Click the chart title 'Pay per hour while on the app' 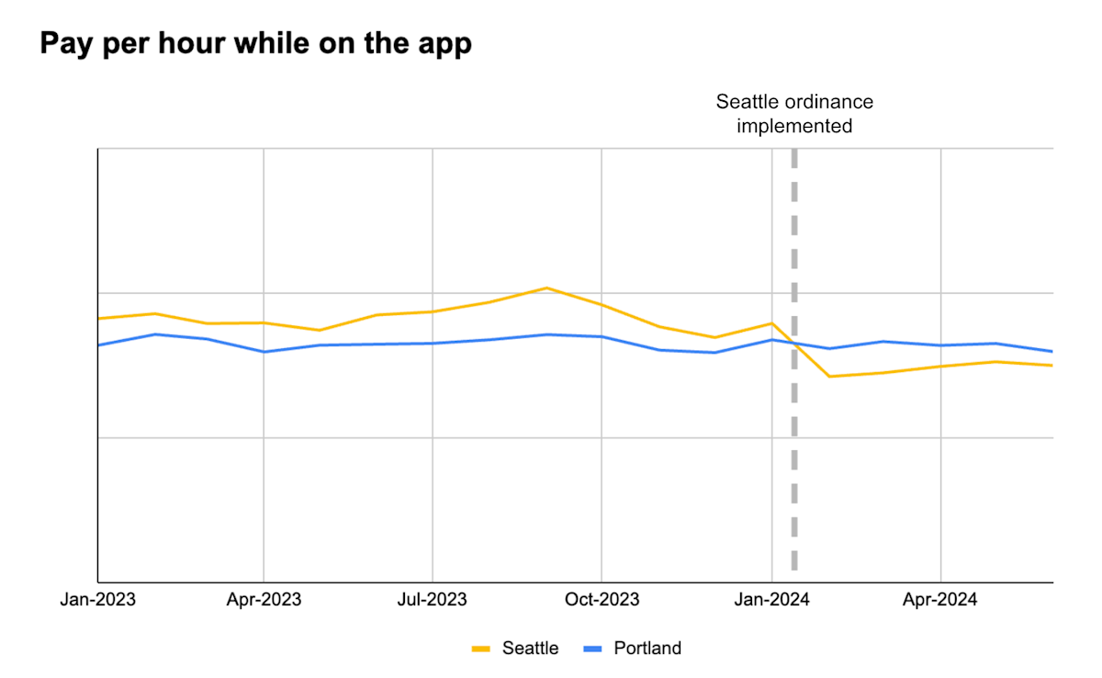point(255,43)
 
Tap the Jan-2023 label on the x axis point(97,600)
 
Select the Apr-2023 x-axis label point(264,600)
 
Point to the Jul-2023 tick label point(433,600)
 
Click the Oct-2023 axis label point(602,600)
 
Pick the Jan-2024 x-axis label point(771,600)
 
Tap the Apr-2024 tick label point(940,600)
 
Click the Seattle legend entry point(530,649)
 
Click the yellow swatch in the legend point(481,650)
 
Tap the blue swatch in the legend point(593,650)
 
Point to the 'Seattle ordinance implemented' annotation point(793,114)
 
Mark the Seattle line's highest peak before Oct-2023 point(547,288)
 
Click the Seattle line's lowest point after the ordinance point(829,377)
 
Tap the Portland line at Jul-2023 point(433,344)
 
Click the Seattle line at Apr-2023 point(264,323)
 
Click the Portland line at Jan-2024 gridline point(771,340)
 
